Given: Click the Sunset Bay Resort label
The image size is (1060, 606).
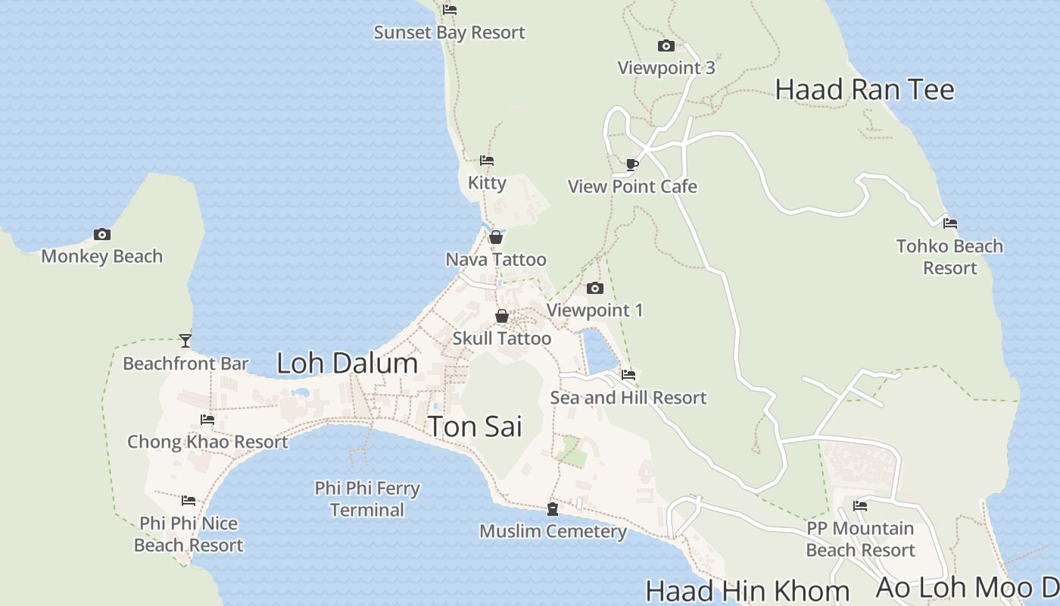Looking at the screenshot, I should coord(449,33).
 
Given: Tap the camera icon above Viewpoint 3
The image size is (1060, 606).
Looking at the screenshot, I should coord(666,46).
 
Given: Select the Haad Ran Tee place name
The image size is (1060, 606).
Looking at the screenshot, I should coord(865,89).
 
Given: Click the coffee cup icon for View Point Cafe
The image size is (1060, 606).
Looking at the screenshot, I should coord(632,164).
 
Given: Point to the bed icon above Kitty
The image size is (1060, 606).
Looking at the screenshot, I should coord(487,161).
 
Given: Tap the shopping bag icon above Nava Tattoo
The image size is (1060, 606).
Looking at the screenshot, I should coord(496,237).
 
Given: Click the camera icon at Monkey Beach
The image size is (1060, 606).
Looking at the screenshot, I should coord(101,235).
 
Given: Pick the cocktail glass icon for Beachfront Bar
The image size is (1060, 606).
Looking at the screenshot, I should coord(185,341).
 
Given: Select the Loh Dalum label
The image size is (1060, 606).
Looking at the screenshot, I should coord(347,363).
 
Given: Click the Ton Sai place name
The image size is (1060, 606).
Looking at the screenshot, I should coord(475,426).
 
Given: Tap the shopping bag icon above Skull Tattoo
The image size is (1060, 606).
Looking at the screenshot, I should coord(502,316).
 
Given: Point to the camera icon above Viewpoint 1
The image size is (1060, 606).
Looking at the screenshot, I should coord(595,288).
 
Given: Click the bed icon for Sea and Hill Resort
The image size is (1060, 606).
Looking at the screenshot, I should coord(628,374).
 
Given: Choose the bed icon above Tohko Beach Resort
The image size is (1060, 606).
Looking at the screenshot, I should coord(950,223).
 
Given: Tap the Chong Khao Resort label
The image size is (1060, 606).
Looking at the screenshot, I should coord(207,442).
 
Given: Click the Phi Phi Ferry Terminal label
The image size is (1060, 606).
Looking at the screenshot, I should coord(367,498).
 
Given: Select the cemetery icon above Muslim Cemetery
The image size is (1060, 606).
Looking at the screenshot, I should coord(553,508).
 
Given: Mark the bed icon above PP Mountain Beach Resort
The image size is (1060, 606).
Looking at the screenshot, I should coord(860,506).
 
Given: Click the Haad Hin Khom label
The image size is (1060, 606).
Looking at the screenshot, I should coord(747,590).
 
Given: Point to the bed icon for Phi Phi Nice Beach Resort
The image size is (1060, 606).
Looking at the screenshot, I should coord(189,501).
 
